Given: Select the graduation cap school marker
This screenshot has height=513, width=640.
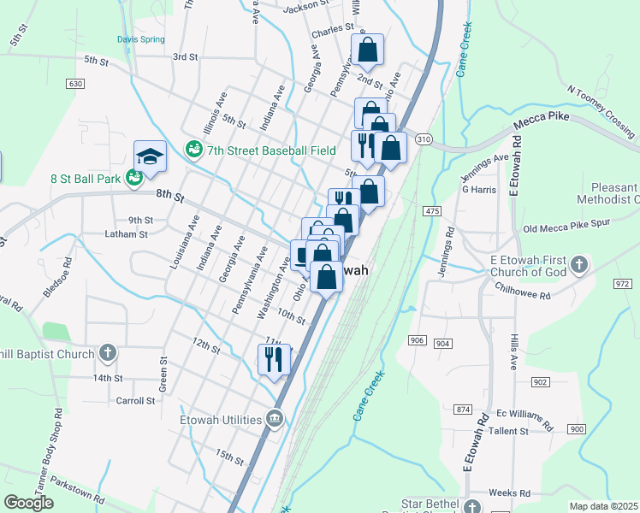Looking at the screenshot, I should [150, 156].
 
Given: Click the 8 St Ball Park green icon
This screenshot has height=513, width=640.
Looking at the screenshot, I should [133, 178].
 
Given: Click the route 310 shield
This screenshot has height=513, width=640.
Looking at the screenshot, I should [423, 139].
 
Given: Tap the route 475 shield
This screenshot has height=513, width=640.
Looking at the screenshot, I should [431, 210].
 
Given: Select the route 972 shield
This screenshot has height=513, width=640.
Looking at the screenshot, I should [622, 282].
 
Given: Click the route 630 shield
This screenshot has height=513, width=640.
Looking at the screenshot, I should [74, 84].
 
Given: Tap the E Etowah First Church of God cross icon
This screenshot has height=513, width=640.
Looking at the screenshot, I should [579, 264].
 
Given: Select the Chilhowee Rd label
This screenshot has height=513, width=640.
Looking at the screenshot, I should [524, 288].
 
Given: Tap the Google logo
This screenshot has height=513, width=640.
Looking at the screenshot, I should [29, 503].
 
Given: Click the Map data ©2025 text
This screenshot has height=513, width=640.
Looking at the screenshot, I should [603, 506].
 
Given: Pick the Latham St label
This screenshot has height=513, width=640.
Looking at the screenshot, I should [126, 233].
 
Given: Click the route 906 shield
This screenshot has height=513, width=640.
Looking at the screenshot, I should [417, 340].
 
